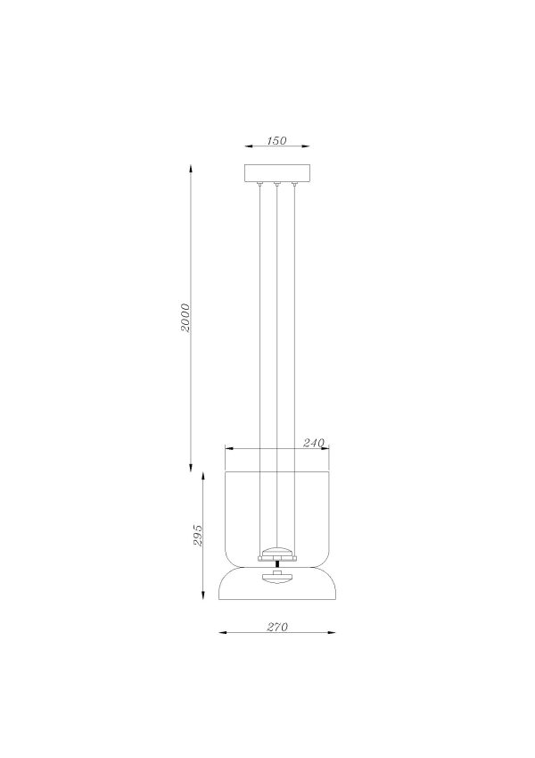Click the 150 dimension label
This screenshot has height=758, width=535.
[276, 140]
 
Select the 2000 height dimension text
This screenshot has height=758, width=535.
[185, 318]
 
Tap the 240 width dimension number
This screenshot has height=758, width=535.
[313, 443]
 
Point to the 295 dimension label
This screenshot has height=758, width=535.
[199, 535]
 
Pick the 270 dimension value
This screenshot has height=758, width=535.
[276, 626]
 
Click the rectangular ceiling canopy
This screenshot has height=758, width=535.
[276, 173]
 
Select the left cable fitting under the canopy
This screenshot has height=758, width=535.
[259, 185]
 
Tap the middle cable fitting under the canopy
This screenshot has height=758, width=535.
[277, 185]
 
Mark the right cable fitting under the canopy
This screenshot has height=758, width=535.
[295, 185]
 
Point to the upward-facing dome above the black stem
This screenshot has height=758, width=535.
[277, 551]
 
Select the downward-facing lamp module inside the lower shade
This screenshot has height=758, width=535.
[277, 576]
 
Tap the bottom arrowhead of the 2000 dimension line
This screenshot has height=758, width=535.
[192, 471]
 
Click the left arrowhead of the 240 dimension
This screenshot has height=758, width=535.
[227, 448]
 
